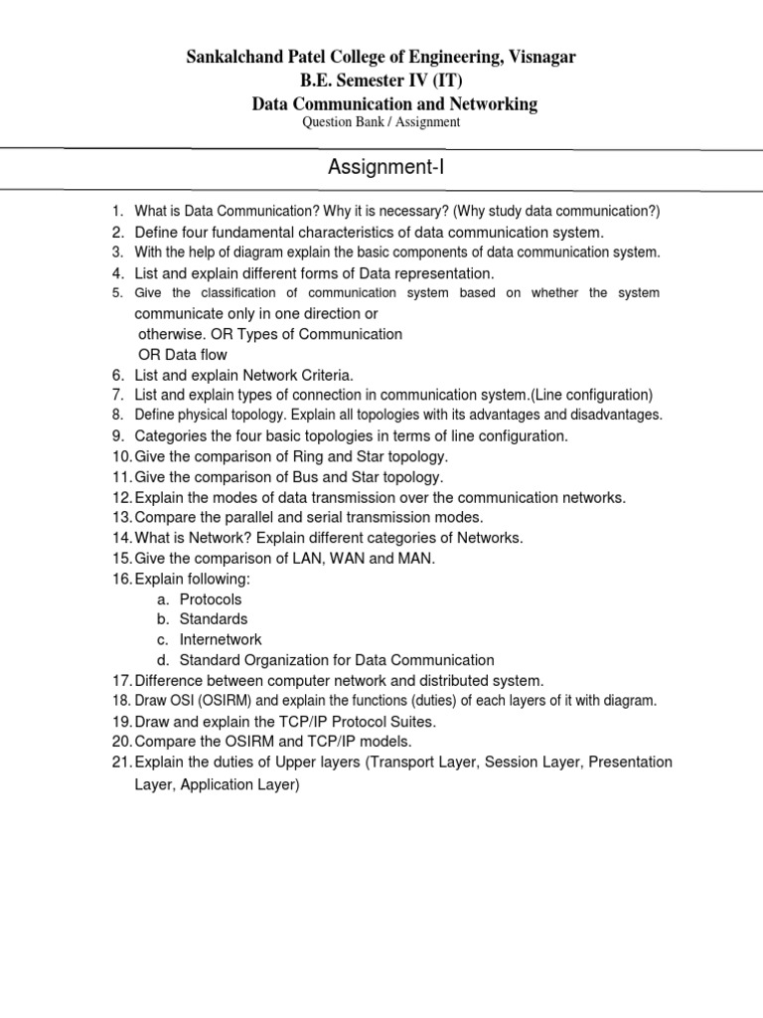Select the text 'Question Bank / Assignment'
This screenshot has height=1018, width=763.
tap(381, 121)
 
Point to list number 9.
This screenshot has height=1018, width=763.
tap(117, 436)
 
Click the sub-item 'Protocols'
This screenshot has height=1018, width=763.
tap(211, 599)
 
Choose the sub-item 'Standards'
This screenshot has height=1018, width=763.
tap(214, 619)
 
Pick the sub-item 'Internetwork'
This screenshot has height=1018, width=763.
tap(221, 640)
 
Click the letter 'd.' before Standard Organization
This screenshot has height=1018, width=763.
tap(162, 660)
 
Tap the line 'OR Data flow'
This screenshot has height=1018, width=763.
tap(181, 355)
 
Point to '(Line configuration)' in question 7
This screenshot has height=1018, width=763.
tap(590, 395)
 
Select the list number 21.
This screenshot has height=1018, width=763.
tap(120, 763)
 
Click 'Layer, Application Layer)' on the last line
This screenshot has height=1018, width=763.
tap(217, 784)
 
